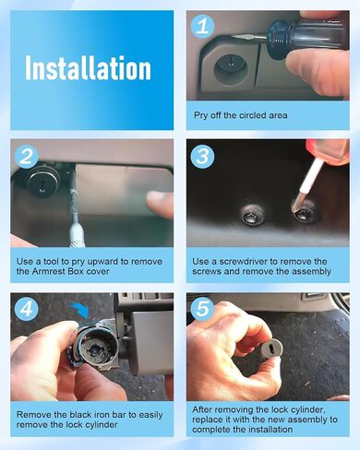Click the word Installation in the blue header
(88, 68)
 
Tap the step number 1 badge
(203, 26)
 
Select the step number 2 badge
(27, 156)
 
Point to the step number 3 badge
(203, 156)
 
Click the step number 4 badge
(27, 308)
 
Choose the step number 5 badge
(203, 308)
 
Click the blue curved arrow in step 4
(80, 311)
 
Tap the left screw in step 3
(252, 214)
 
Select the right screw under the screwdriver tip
(304, 211)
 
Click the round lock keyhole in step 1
(230, 64)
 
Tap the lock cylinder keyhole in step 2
(42, 185)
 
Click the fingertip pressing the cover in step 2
(159, 204)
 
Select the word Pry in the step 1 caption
(201, 115)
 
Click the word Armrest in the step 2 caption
(52, 271)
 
